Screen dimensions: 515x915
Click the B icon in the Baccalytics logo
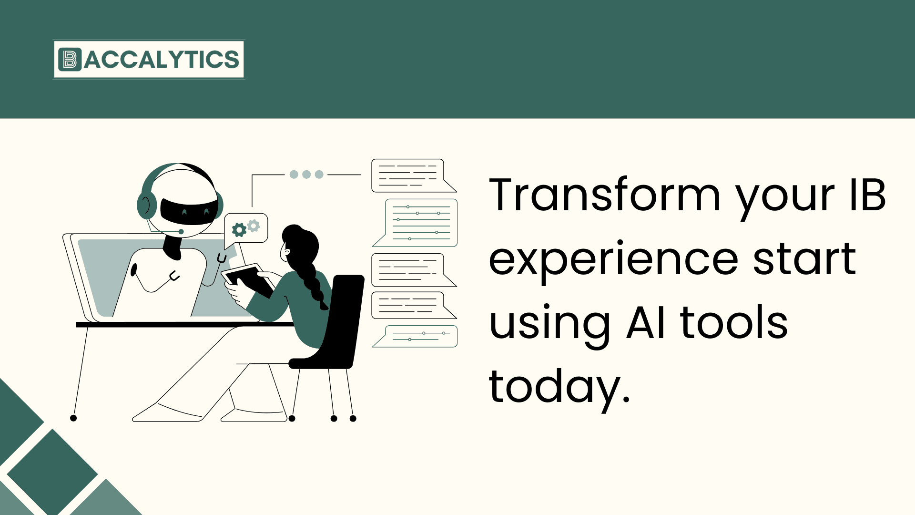[x=70, y=60]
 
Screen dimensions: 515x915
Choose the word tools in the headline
[x=734, y=323]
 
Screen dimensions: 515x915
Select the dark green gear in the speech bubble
[x=239, y=230]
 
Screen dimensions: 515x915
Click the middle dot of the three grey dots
[x=306, y=175]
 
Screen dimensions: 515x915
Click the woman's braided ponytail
[x=312, y=281]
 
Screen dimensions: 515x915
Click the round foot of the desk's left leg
[x=73, y=418]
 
